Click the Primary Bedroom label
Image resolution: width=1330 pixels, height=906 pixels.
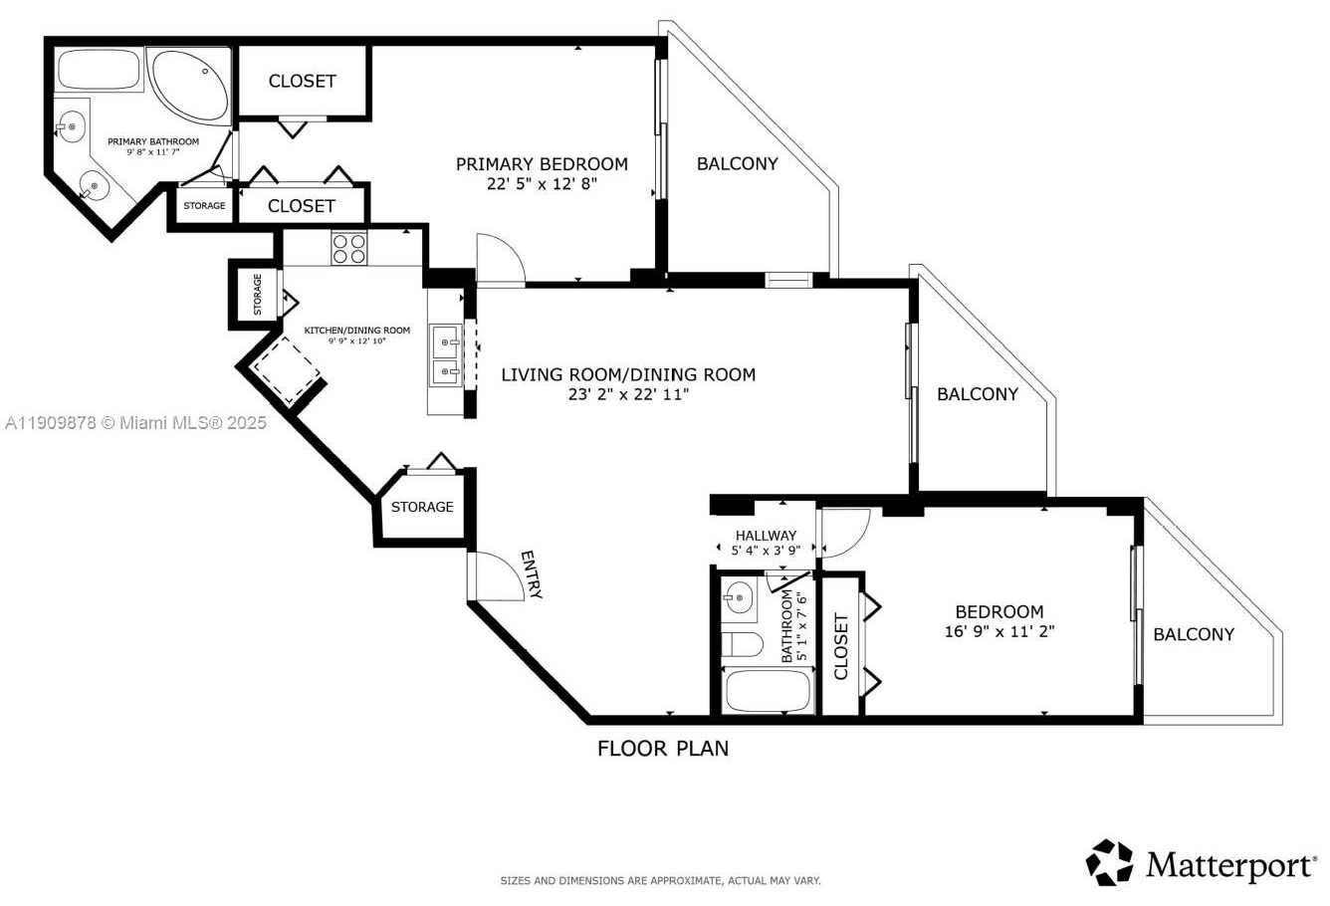pyautogui.click(x=542, y=164)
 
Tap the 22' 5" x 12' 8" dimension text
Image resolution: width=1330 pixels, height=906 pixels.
pyautogui.click(x=542, y=184)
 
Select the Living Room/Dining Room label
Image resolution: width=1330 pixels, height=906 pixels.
pyautogui.click(x=628, y=375)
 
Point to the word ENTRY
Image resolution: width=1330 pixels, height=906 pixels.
pyautogui.click(x=532, y=575)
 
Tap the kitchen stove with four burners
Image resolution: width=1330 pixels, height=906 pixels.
pyautogui.click(x=348, y=248)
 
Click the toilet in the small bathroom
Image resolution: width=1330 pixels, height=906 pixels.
pyautogui.click(x=742, y=644)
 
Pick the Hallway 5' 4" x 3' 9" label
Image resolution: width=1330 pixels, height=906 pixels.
pyautogui.click(x=766, y=543)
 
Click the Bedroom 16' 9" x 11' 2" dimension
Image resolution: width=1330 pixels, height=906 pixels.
pyautogui.click(x=998, y=631)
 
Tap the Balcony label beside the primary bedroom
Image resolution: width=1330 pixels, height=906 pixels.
pyautogui.click(x=737, y=164)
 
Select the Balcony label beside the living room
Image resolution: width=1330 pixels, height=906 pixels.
pyautogui.click(x=978, y=394)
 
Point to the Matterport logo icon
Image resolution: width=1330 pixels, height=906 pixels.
pyautogui.click(x=1109, y=862)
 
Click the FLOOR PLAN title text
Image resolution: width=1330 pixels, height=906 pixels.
pyautogui.click(x=662, y=749)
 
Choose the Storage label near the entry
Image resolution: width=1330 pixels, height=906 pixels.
pyautogui.click(x=422, y=507)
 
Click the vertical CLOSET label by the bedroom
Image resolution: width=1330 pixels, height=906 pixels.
pyautogui.click(x=841, y=646)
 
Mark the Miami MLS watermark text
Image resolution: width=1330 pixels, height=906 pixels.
pyautogui.click(x=136, y=423)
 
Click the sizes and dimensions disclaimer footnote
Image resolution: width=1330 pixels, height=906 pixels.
pyautogui.click(x=659, y=881)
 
